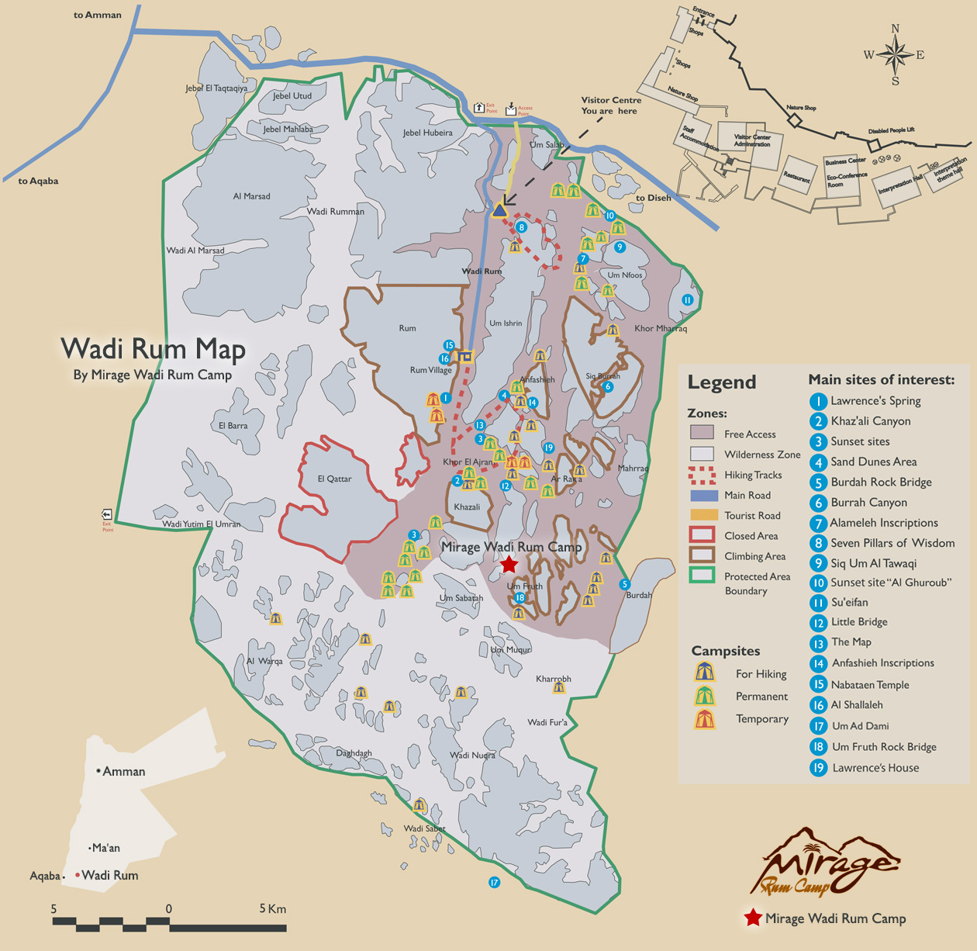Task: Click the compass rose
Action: click(895, 55)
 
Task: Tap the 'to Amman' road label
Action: click(97, 15)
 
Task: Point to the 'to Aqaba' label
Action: click(38, 181)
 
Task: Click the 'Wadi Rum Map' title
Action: click(153, 349)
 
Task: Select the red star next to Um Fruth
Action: click(509, 564)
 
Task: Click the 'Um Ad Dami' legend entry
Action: click(860, 726)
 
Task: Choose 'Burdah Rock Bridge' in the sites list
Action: click(881, 482)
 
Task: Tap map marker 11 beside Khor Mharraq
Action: click(687, 300)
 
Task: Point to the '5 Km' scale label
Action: click(272, 908)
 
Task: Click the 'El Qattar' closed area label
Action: click(334, 479)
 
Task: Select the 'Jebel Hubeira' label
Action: click(427, 133)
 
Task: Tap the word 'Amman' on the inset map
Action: click(123, 771)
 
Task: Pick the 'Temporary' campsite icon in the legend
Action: click(704, 719)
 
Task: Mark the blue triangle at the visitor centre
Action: click(499, 209)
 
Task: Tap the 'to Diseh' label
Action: click(653, 198)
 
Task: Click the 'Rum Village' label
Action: click(430, 370)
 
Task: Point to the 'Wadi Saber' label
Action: click(424, 828)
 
